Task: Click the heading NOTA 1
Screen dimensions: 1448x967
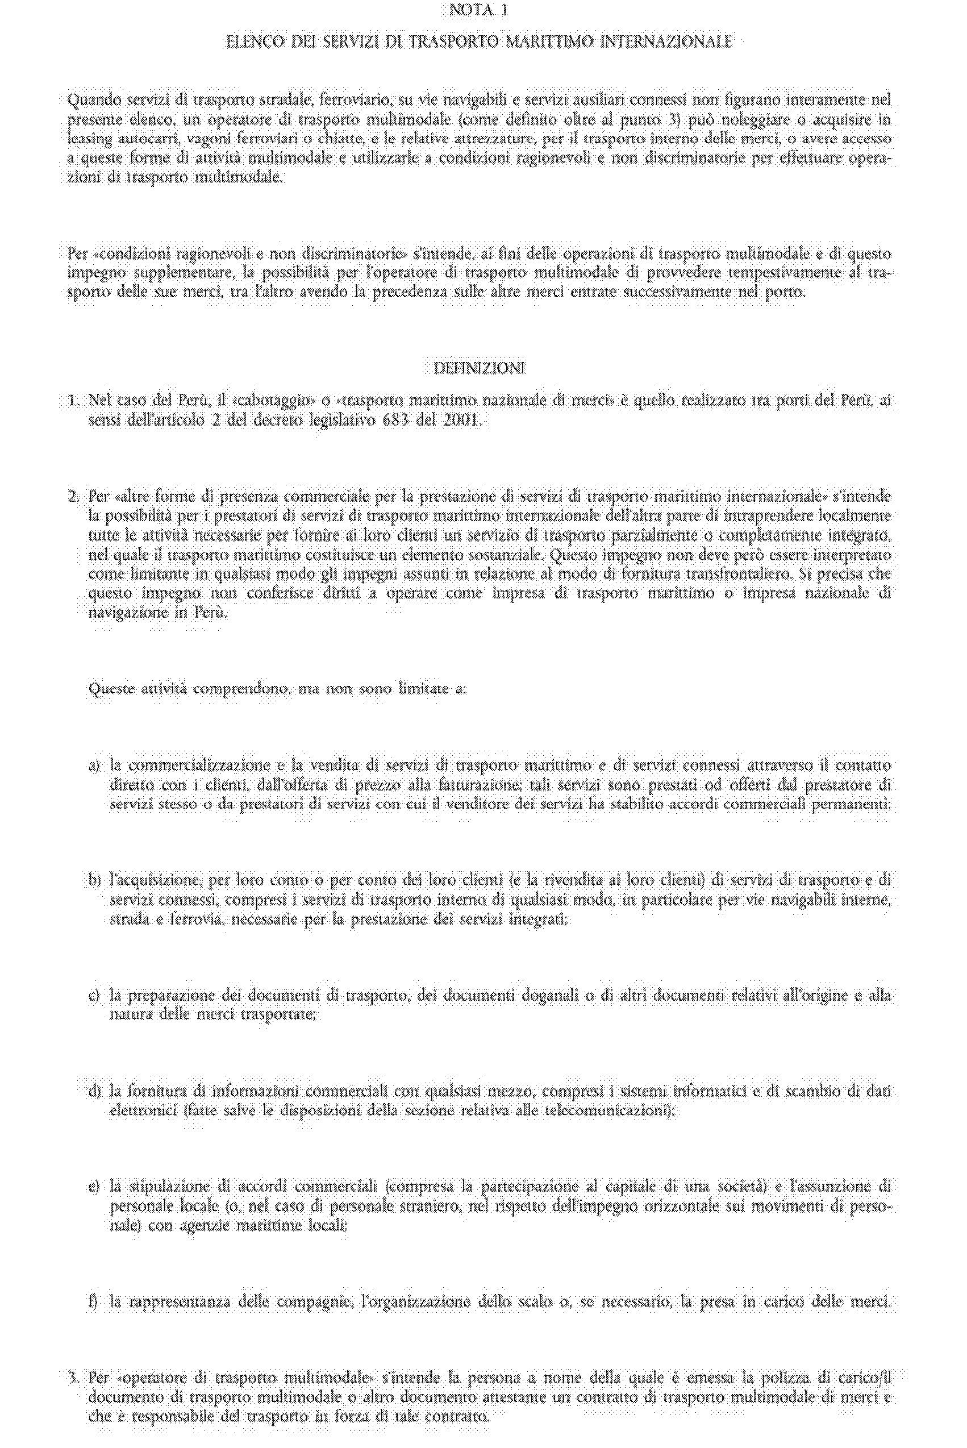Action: pyautogui.click(x=478, y=10)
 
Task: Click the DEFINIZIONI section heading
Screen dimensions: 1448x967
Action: pyautogui.click(x=479, y=369)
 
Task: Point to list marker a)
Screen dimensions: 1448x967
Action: pyautogui.click(x=94, y=766)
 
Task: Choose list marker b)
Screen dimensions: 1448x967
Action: pyautogui.click(x=94, y=880)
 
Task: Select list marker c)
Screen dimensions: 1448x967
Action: pyautogui.click(x=94, y=995)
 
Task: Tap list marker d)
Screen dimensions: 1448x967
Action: pyautogui.click(x=94, y=1091)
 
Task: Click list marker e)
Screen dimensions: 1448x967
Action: pyautogui.click(x=94, y=1187)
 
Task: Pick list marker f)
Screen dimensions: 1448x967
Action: pyautogui.click(x=94, y=1302)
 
